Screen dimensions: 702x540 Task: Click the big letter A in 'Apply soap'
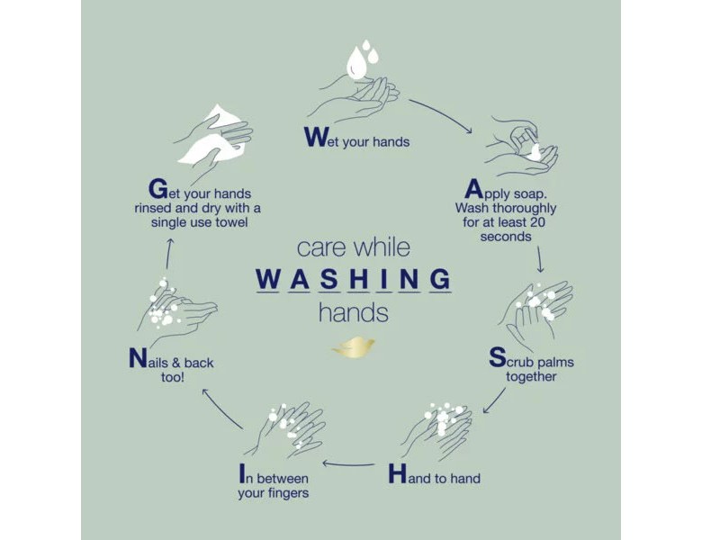pyautogui.click(x=473, y=189)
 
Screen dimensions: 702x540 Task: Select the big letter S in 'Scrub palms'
pyautogui.click(x=498, y=357)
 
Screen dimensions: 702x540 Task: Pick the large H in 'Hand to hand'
pyautogui.click(x=397, y=473)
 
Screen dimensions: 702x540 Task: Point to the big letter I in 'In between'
pyautogui.click(x=242, y=473)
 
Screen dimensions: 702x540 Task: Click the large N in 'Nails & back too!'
pyautogui.click(x=138, y=358)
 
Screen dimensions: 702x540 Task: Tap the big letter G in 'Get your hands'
pyautogui.click(x=158, y=188)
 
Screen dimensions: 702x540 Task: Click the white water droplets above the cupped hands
pyautogui.click(x=362, y=59)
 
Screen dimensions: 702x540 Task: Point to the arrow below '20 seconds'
pyautogui.click(x=540, y=259)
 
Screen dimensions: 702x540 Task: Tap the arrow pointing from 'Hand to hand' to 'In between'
pyautogui.click(x=349, y=463)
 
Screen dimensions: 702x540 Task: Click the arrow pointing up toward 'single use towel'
pyautogui.click(x=169, y=254)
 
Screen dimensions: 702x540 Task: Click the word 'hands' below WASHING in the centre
pyautogui.click(x=353, y=312)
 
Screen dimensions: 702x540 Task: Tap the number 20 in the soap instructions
pyautogui.click(x=537, y=222)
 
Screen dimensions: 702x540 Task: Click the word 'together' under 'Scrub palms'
pyautogui.click(x=531, y=377)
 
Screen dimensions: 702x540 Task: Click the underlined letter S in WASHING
pyautogui.click(x=329, y=279)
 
